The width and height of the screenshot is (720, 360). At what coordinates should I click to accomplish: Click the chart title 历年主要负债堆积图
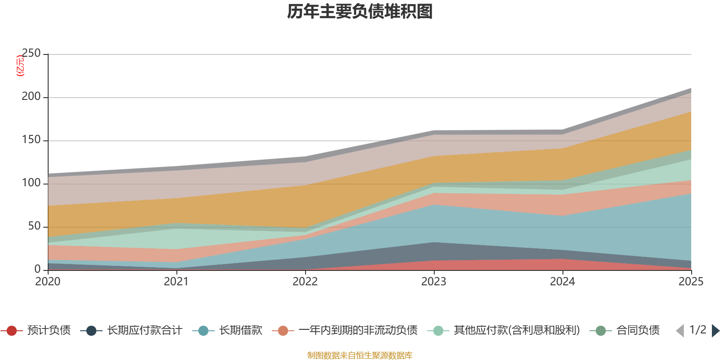[x=360, y=12]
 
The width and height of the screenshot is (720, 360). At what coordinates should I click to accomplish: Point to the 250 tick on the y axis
[x=31, y=54]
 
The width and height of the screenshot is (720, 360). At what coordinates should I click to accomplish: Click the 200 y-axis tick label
[x=31, y=97]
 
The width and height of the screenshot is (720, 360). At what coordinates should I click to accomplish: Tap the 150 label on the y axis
[x=31, y=140]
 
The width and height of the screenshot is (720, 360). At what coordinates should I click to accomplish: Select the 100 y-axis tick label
[x=31, y=183]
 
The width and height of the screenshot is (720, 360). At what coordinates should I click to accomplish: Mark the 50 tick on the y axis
[x=34, y=226]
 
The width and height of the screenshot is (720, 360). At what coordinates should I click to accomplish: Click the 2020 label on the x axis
[x=48, y=282]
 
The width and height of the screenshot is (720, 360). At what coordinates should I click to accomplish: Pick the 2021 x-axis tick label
[x=176, y=282]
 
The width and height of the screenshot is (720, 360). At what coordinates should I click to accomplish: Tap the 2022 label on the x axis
[x=305, y=282]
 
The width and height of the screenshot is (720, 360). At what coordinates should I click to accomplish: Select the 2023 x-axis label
[x=434, y=282]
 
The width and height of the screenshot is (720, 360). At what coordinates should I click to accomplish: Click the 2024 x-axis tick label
[x=562, y=282]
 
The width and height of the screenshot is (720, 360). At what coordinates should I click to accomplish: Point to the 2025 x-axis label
[x=691, y=282]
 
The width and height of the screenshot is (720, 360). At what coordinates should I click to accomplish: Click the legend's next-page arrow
[x=715, y=331]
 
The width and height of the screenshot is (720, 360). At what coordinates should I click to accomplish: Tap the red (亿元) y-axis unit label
[x=20, y=66]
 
